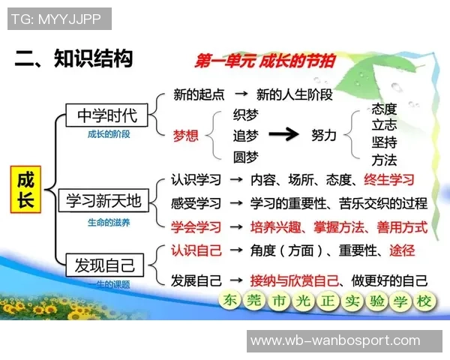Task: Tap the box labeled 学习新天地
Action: [103, 201]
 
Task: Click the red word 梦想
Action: [186, 136]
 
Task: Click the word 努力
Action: [324, 136]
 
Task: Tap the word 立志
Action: [384, 125]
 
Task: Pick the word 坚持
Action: [384, 142]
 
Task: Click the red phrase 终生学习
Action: [388, 180]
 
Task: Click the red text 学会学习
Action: [196, 226]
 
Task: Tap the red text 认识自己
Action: [196, 250]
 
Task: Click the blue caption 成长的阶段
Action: [108, 134]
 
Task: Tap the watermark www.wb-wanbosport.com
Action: [335, 340]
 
